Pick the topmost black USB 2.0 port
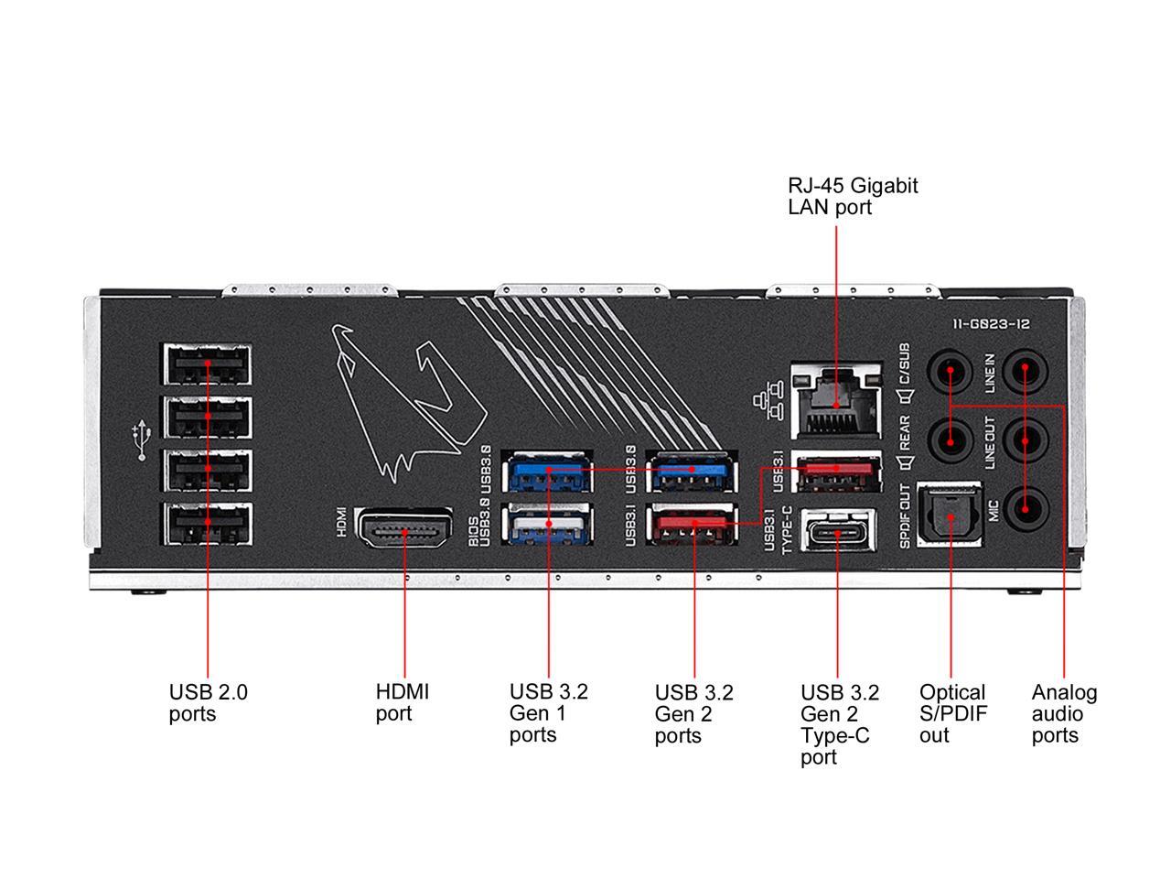[x=208, y=364]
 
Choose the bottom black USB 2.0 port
[x=208, y=524]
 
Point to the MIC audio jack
[x=1025, y=506]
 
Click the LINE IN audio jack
[x=1025, y=372]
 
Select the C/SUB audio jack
[x=951, y=372]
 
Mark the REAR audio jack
[x=951, y=439]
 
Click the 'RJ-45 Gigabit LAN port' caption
[x=853, y=196]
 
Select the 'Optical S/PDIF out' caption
[x=953, y=713]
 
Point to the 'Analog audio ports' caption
[x=1064, y=713]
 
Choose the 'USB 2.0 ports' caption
[x=208, y=702]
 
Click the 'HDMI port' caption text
[x=402, y=702]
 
